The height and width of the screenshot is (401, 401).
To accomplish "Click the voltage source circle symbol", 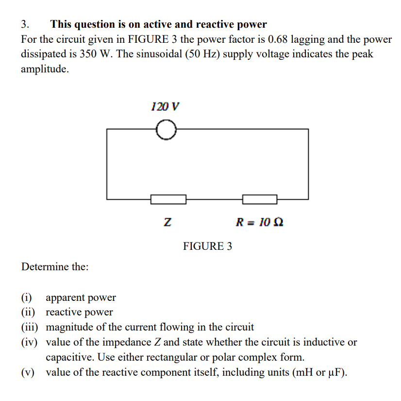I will [166, 130].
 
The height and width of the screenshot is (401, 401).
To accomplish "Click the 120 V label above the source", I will [165, 106].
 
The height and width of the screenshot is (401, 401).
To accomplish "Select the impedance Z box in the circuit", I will [168, 199].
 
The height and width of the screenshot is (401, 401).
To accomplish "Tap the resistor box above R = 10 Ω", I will [260, 199].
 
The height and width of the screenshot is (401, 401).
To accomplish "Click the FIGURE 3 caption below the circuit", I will [207, 246].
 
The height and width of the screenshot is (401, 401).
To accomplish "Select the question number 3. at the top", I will [25, 24].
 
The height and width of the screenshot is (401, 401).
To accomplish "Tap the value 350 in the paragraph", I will [89, 54].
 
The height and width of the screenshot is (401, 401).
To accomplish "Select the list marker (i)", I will [27, 297].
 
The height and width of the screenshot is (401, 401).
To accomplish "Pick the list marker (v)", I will [28, 373].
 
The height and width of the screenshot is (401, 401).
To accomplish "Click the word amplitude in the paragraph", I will [44, 69].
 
